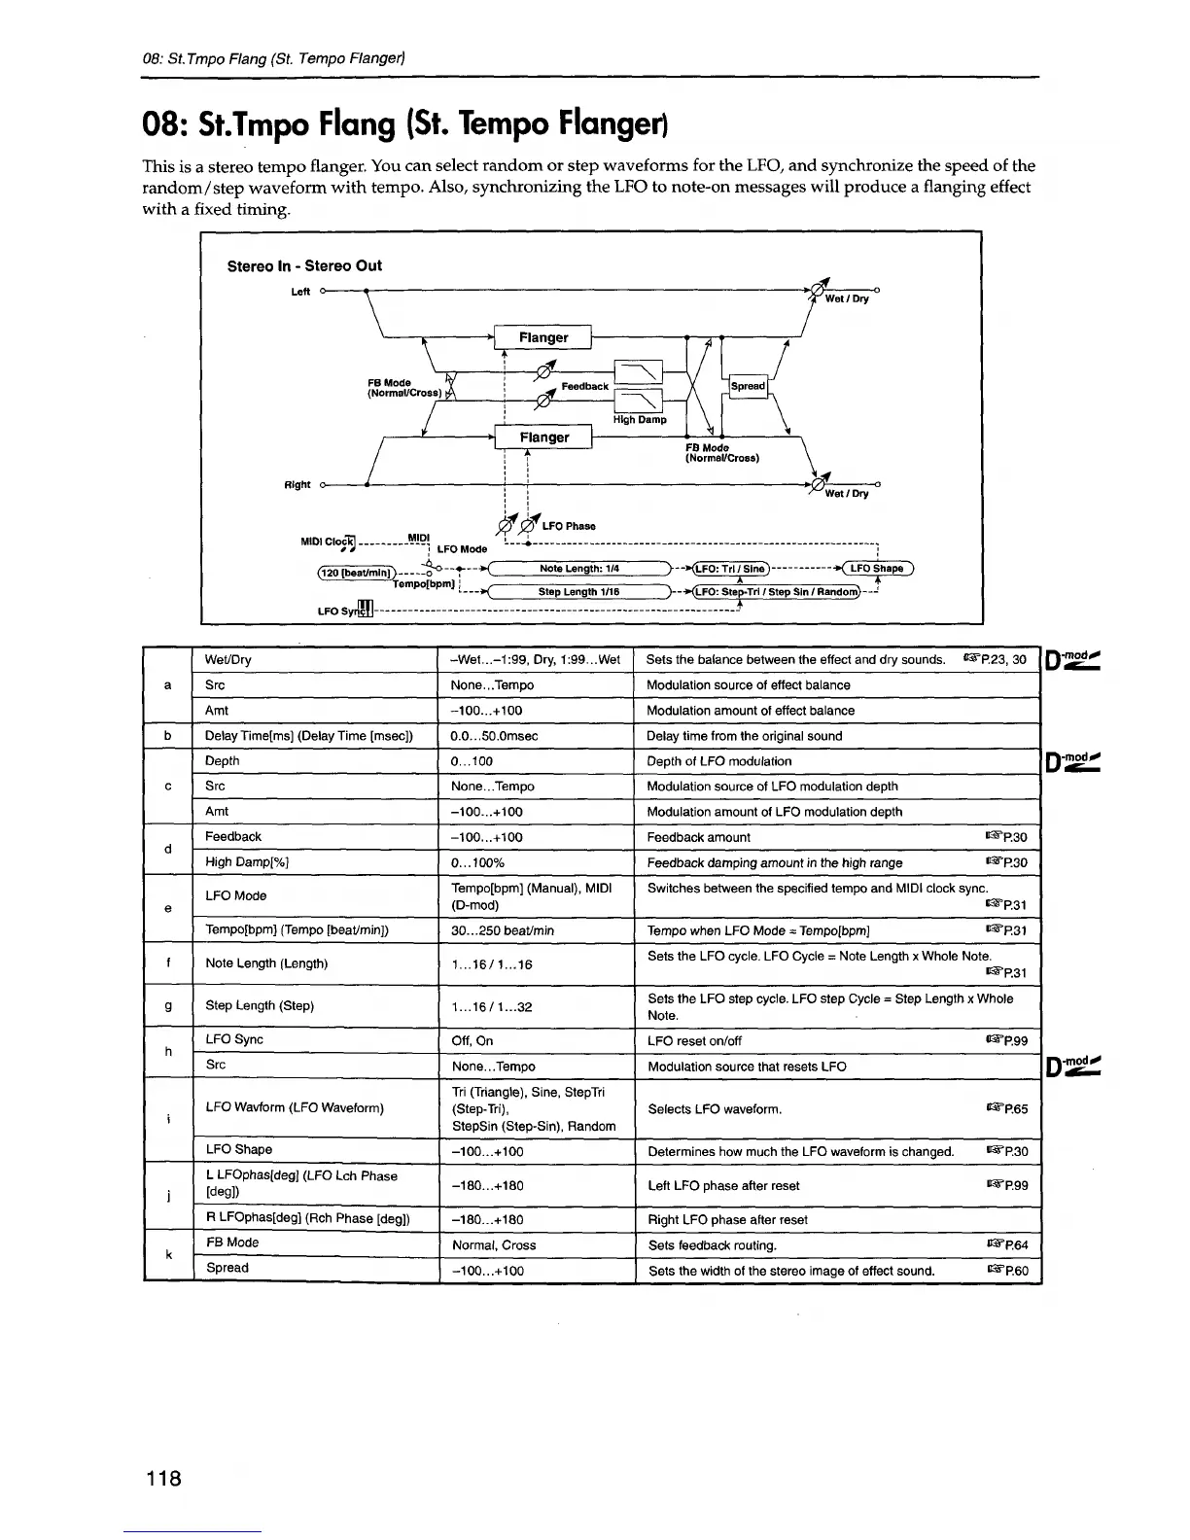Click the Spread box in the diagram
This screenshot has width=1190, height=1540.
point(748,386)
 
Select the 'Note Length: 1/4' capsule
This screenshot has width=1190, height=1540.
point(579,569)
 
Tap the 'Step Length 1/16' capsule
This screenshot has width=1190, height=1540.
point(579,591)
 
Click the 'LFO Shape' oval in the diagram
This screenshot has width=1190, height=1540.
point(876,569)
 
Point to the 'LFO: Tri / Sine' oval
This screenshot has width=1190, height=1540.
point(728,569)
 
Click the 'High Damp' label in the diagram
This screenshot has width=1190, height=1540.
point(640,420)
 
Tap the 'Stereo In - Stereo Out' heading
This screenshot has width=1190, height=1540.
point(304,266)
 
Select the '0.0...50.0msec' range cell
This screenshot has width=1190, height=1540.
point(495,736)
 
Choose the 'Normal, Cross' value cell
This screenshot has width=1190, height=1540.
point(494,1245)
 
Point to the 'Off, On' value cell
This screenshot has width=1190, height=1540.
point(472,1040)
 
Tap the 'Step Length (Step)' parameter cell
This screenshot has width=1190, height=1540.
point(260,1006)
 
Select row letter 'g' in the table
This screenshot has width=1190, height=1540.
point(168,1006)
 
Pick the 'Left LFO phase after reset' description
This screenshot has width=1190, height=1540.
point(723,1185)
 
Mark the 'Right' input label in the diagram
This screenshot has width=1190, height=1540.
point(297,484)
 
